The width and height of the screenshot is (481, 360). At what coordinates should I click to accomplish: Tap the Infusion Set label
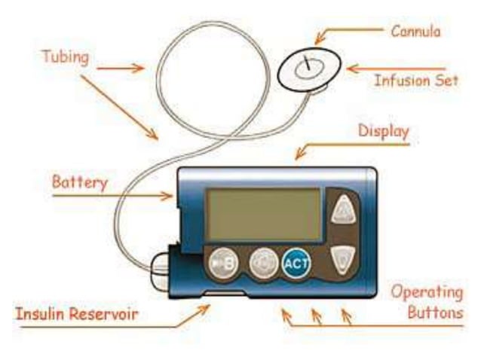[416, 80]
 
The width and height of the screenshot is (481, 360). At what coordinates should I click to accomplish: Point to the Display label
[383, 132]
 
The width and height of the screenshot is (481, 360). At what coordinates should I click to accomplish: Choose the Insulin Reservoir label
[78, 312]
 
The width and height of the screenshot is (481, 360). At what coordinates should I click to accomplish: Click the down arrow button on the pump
[343, 260]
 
